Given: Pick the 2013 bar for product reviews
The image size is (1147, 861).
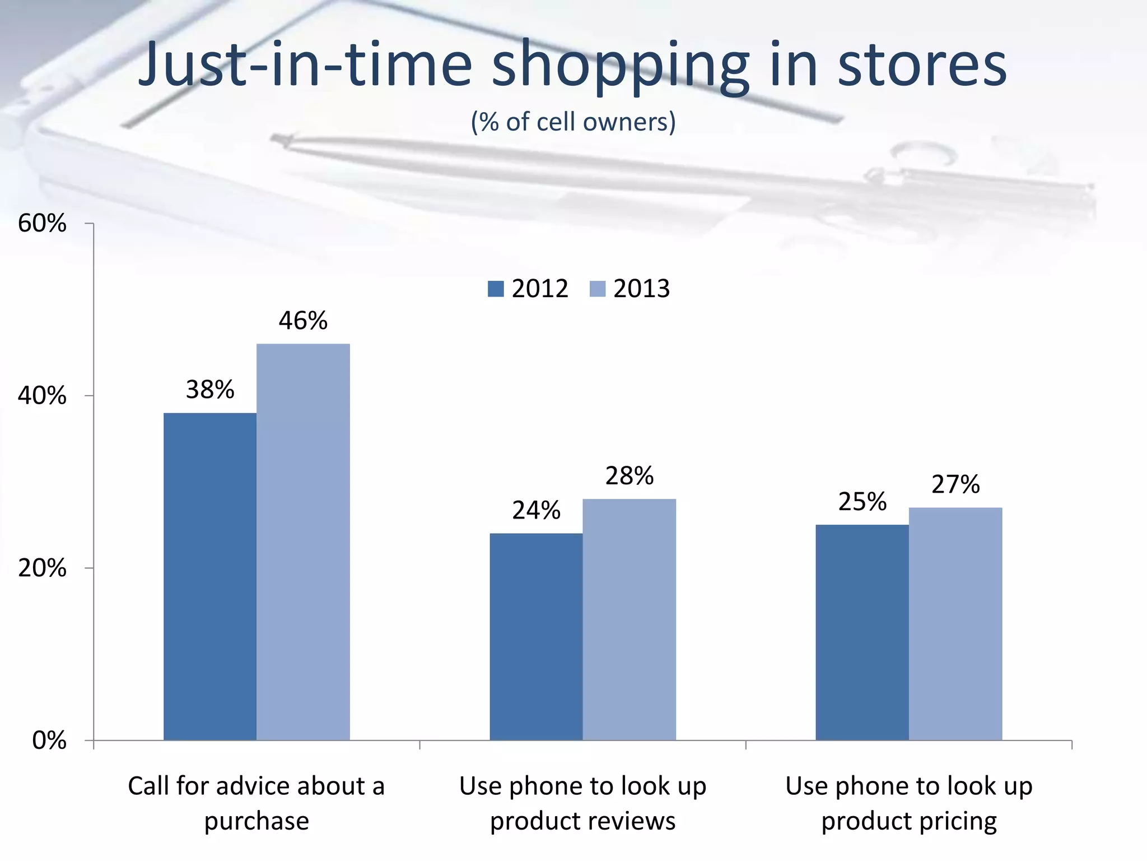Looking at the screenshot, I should tap(629, 619).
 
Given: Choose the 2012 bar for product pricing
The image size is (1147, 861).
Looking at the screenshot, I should tap(862, 632).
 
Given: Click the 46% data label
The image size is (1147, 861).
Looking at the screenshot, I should tap(303, 321).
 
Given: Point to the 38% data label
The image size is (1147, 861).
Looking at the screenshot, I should tap(210, 390).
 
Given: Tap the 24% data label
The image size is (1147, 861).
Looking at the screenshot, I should tap(536, 510).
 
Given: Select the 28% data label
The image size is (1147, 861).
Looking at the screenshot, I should tap(629, 476).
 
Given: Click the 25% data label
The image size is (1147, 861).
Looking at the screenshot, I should tap(862, 502).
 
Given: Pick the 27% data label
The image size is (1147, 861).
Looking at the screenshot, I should tap(955, 484).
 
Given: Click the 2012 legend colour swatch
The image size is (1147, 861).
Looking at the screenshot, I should tap(496, 289).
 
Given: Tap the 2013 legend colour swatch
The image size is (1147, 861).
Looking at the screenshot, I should tap(598, 289).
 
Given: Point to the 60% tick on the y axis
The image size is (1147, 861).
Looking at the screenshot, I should tap(42, 224).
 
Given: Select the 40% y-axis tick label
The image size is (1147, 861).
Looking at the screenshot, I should tap(42, 396).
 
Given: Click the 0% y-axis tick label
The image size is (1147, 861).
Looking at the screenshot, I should tap(49, 740).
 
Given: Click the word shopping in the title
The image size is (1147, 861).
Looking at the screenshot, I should tap(621, 66).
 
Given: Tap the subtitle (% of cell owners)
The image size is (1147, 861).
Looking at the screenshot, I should tap(573, 122).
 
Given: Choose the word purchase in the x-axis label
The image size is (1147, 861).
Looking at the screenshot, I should tap(257, 821).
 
